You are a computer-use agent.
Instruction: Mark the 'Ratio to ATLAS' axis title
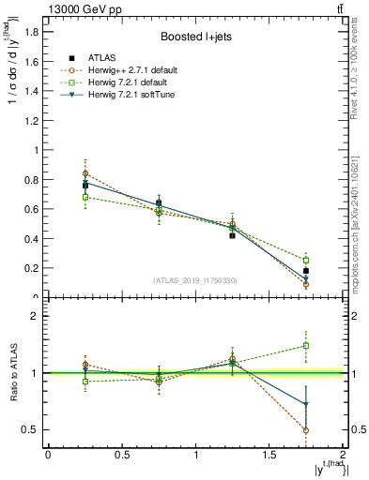(13, 372)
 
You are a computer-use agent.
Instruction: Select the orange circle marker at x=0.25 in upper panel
(85, 173)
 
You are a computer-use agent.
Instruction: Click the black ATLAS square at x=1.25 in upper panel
(232, 235)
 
